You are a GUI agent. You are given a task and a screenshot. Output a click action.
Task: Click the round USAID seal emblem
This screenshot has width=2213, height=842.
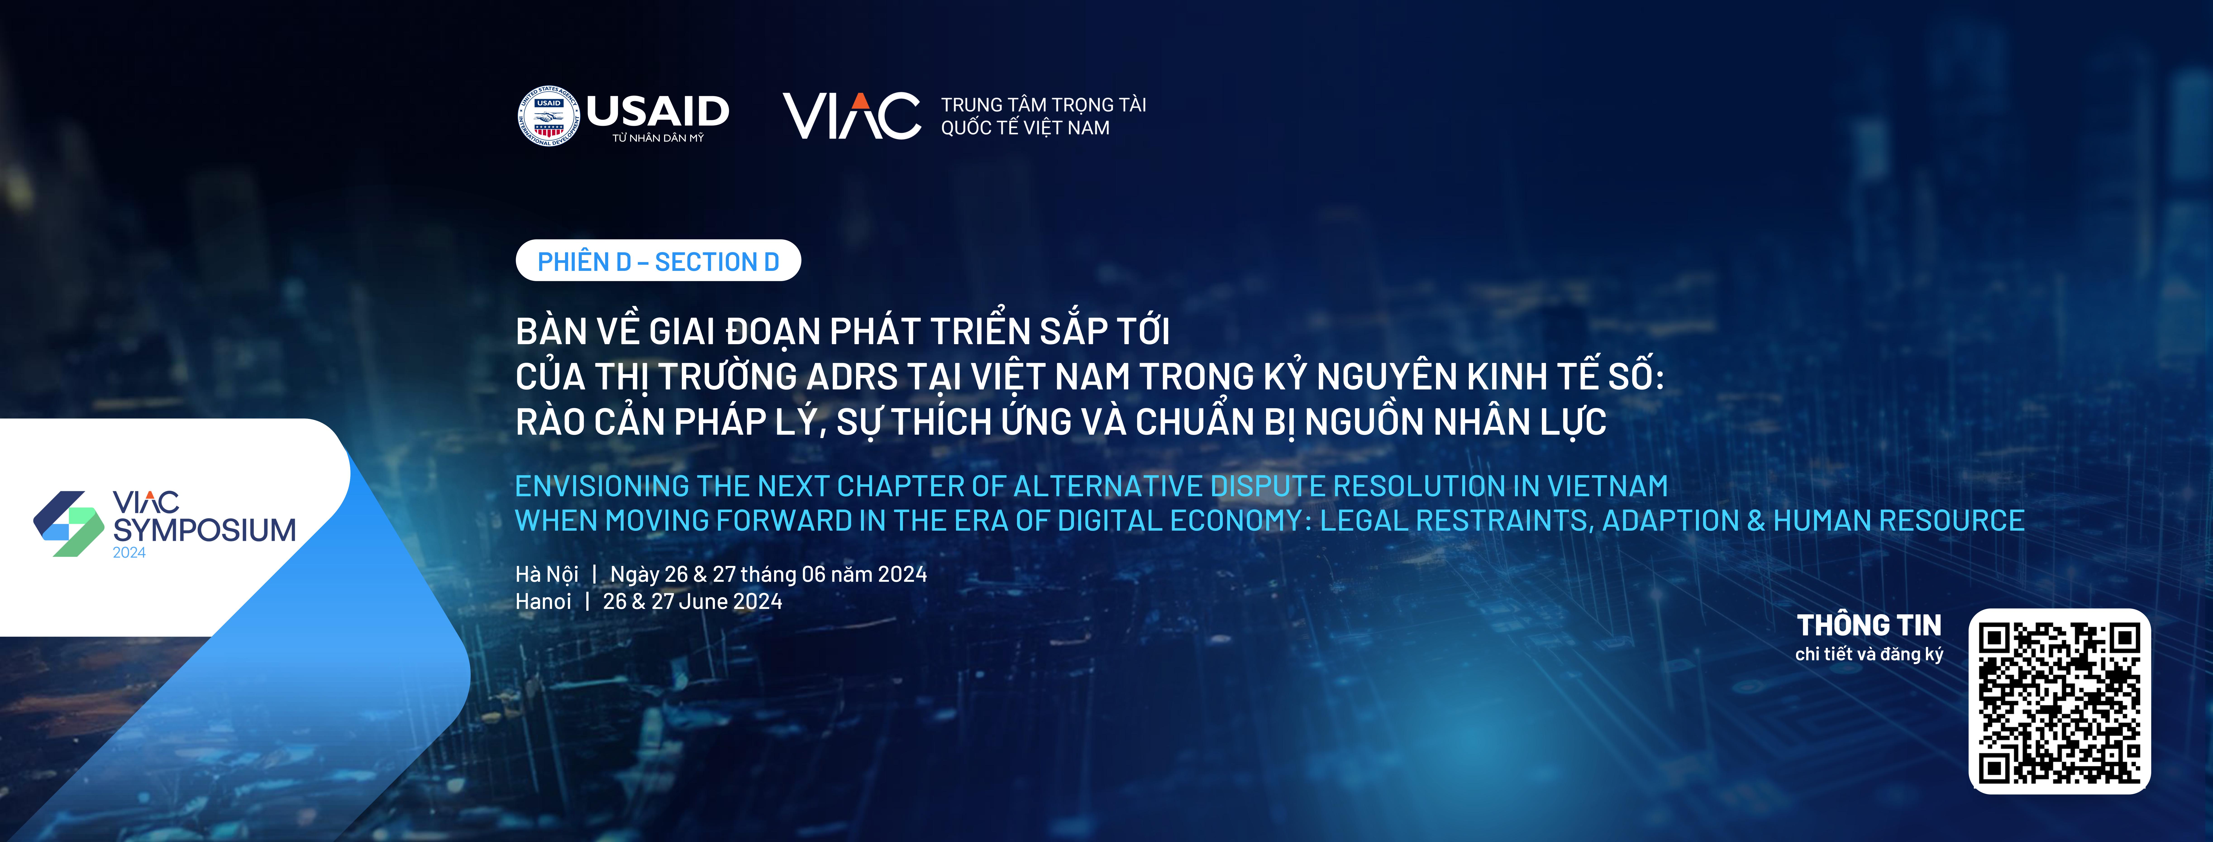click(549, 116)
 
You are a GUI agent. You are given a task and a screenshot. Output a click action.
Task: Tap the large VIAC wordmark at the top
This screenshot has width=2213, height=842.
click(851, 116)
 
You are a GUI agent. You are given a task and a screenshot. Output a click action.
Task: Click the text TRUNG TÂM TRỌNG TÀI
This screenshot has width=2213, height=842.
click(1044, 105)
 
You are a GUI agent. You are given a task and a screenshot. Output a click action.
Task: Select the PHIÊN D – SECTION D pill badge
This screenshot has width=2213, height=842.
click(658, 260)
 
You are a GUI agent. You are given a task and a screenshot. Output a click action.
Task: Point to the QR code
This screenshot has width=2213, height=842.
click(2059, 701)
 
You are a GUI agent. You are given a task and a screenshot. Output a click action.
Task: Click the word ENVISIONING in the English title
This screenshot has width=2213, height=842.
click(601, 486)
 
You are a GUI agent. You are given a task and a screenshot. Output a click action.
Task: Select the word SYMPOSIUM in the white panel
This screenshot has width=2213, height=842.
click(205, 530)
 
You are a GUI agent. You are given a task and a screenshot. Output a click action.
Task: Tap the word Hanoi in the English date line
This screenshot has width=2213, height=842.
click(543, 601)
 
